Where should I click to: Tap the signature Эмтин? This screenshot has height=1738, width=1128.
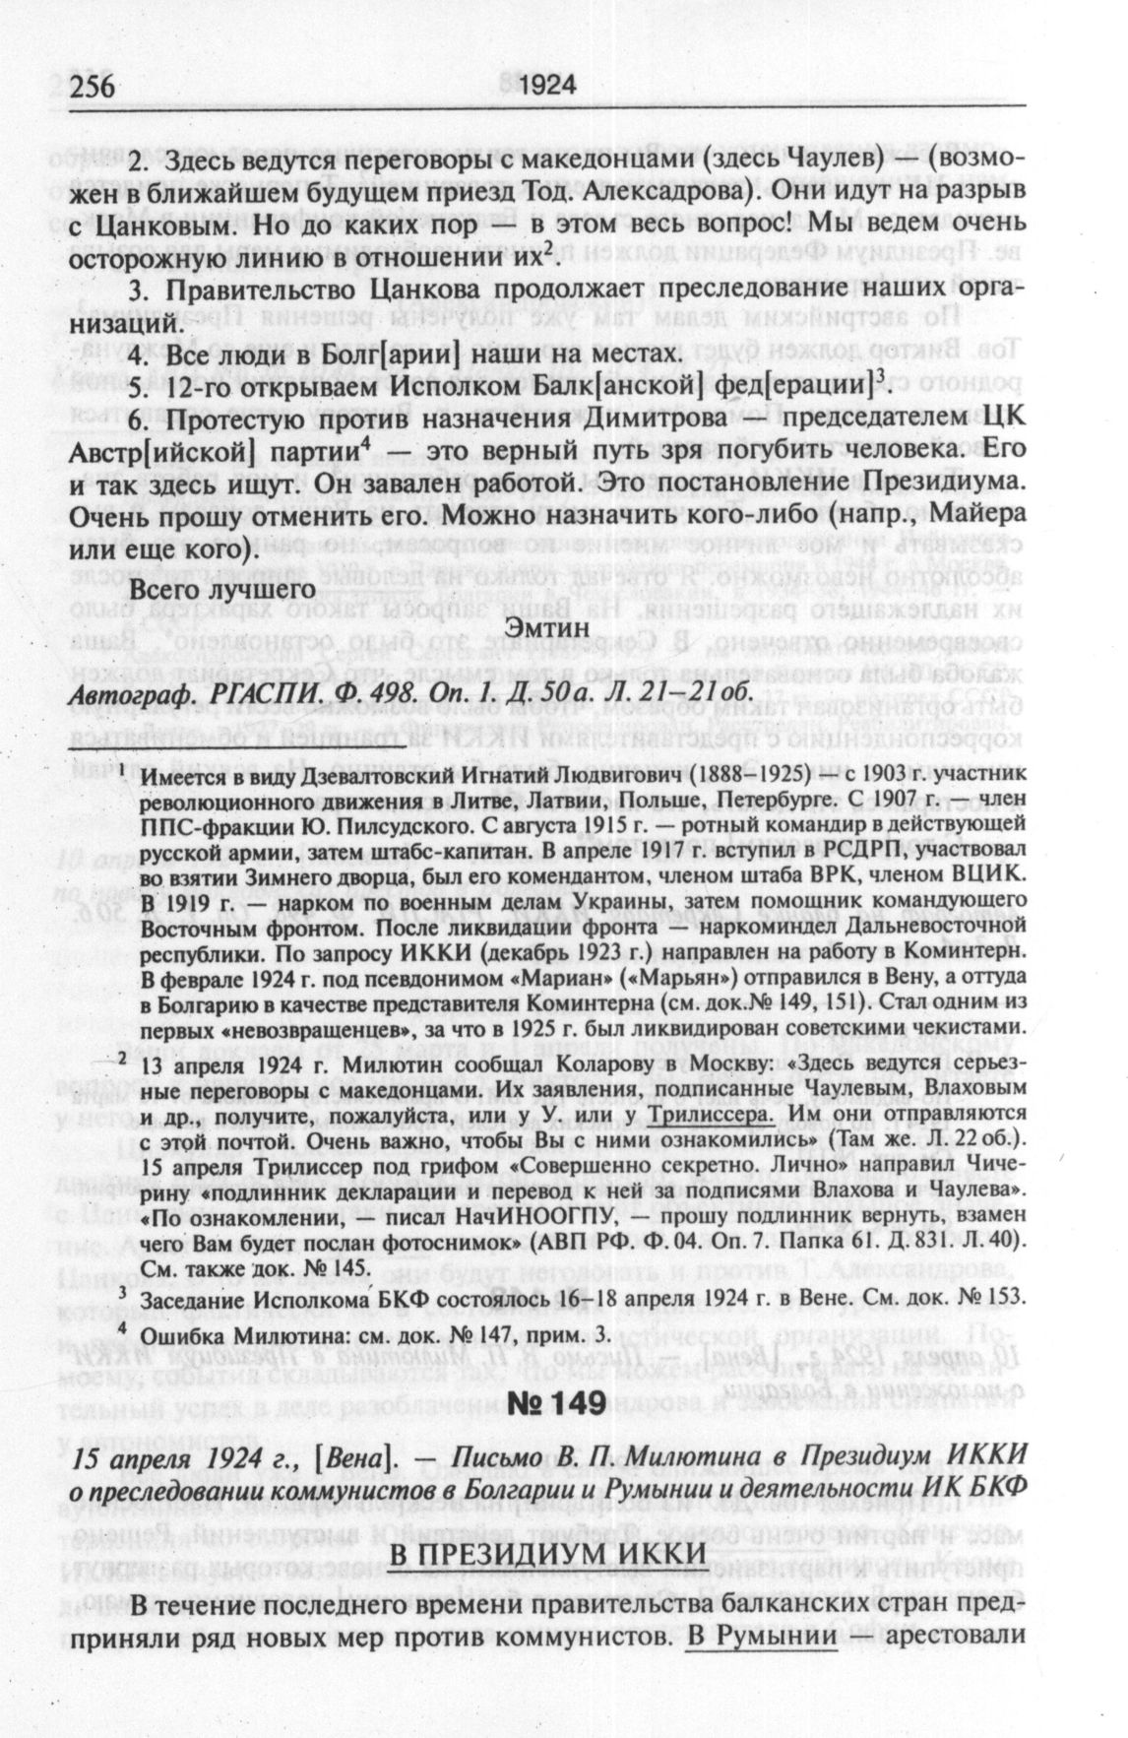[x=545, y=626]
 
